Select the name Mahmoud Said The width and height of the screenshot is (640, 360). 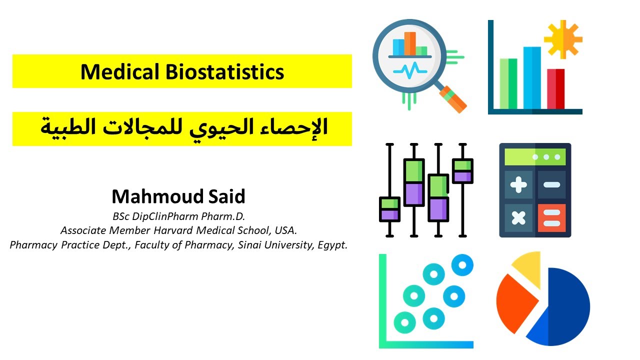[x=178, y=196]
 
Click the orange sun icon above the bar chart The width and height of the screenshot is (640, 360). [x=563, y=39]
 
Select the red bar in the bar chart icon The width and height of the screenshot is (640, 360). [x=555, y=88]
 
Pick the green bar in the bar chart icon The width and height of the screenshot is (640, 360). [x=508, y=83]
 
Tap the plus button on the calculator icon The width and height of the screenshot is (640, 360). [x=518, y=185]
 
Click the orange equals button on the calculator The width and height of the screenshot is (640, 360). [x=551, y=217]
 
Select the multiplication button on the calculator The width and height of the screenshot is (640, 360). [x=518, y=217]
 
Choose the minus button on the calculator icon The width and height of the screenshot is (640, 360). [x=551, y=185]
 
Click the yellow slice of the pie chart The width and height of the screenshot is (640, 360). [x=527, y=267]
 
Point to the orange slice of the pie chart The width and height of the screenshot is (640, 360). [x=515, y=302]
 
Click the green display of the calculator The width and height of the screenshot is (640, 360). [x=535, y=157]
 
